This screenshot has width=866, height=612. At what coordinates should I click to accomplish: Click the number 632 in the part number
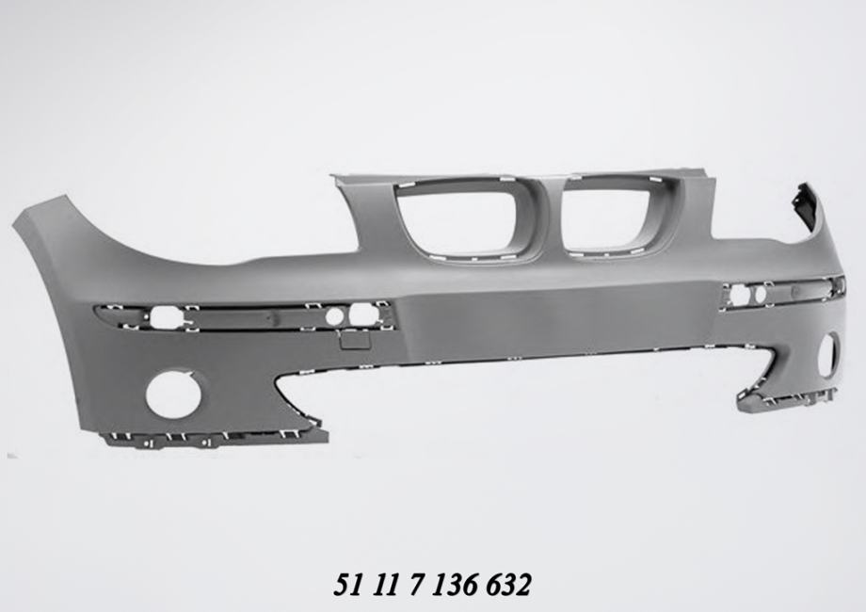pyautogui.click(x=508, y=586)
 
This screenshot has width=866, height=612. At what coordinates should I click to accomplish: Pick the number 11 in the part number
pyautogui.click(x=382, y=586)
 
